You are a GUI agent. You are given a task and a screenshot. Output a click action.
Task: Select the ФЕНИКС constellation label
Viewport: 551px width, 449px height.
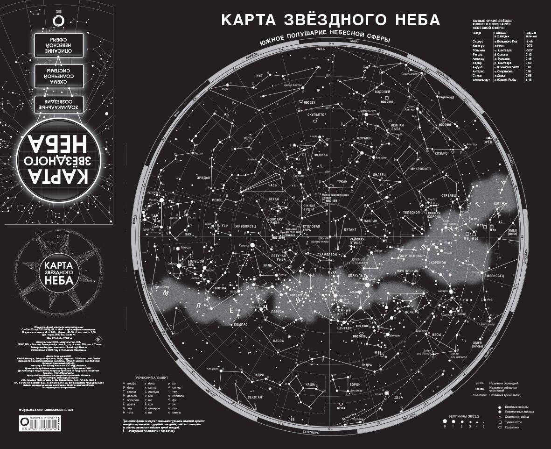pos(321,154)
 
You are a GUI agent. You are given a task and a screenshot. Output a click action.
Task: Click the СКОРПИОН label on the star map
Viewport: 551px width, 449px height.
pos(436,263)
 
